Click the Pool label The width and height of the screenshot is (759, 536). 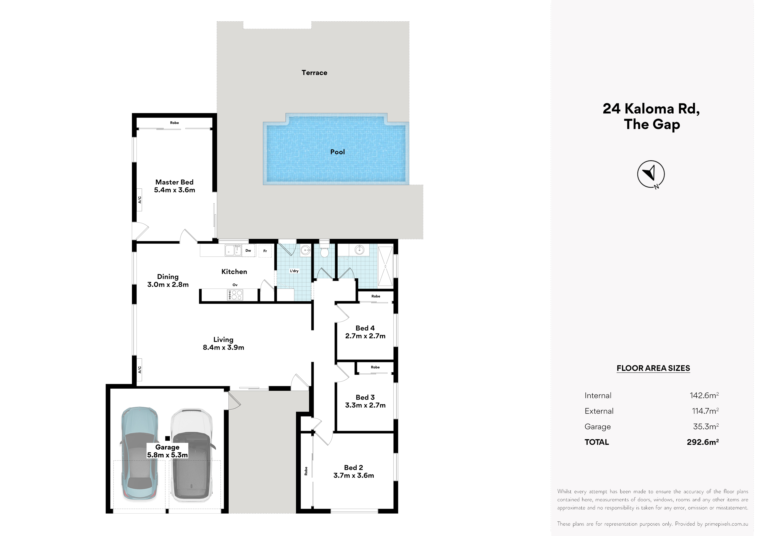[x=338, y=152]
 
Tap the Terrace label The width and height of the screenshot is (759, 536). [x=314, y=73]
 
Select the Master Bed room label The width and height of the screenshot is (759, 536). [x=175, y=186]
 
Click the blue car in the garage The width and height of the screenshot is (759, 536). [x=140, y=454]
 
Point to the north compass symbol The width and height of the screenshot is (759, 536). [x=651, y=174]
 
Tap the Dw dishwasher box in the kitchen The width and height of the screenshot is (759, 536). [x=248, y=251]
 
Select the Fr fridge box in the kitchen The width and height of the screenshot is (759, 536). [x=265, y=251]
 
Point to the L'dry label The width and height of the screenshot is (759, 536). [x=294, y=271]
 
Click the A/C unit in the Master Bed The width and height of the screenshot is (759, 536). [x=140, y=200]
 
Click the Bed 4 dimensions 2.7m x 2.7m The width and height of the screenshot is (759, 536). [x=365, y=336]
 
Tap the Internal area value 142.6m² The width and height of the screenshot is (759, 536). [x=704, y=395]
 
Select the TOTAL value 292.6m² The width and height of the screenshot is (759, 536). [x=703, y=442]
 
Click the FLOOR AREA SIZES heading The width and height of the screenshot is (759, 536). [x=653, y=368]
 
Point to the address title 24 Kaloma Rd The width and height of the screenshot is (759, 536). [x=651, y=109]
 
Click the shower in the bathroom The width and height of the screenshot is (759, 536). [x=385, y=266]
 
